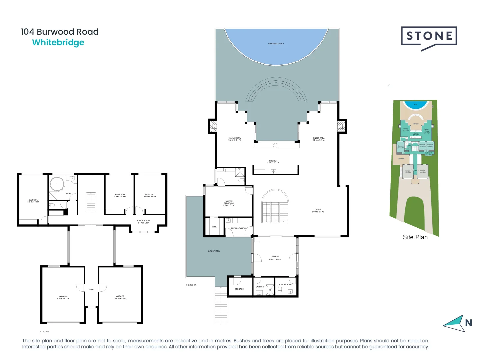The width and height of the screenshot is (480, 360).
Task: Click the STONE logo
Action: click(x=429, y=37)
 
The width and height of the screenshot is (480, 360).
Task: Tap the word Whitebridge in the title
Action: click(x=58, y=43)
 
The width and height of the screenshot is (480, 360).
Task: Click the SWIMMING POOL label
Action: click(x=276, y=44)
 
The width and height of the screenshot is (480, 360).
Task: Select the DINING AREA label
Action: click(x=318, y=139)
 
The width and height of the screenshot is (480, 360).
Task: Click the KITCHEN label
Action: click(x=273, y=162)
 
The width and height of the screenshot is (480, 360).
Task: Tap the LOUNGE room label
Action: click(x=318, y=211)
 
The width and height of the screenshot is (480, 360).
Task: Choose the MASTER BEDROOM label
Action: click(x=229, y=203)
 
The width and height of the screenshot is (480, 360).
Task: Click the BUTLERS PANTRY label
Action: click(x=238, y=228)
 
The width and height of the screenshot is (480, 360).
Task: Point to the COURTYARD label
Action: click(x=214, y=251)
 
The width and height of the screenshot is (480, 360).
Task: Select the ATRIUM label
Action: click(x=275, y=258)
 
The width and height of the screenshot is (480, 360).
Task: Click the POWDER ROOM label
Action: click(x=285, y=285)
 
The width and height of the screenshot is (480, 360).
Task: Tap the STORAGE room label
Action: click(x=239, y=289)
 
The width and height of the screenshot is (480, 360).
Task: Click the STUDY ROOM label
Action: click(x=143, y=222)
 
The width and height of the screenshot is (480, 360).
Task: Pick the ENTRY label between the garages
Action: click(x=91, y=290)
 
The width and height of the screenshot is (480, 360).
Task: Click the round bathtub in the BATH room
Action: click(x=57, y=184)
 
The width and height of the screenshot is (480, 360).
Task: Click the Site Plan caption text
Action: click(x=415, y=237)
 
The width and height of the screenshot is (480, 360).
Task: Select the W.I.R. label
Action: click(x=214, y=227)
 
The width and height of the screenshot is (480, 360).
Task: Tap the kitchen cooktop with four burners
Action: click(x=275, y=145)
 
